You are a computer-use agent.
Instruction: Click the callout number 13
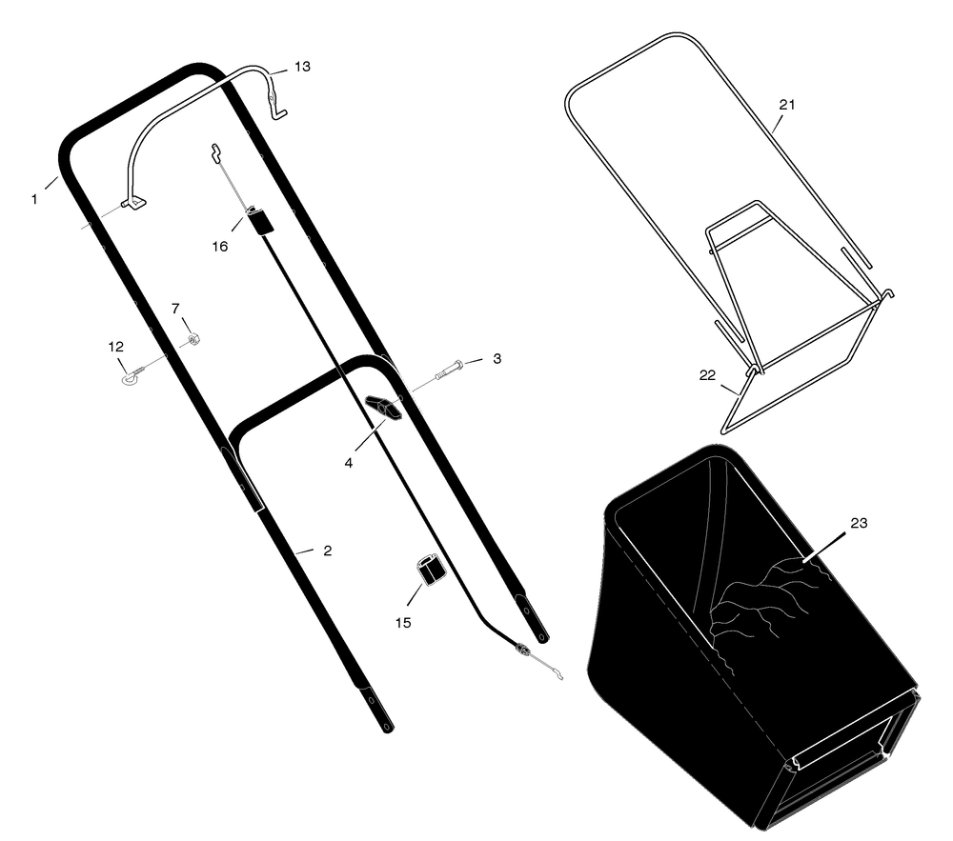point(302,67)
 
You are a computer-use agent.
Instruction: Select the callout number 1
point(34,199)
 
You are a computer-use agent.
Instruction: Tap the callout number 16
point(219,247)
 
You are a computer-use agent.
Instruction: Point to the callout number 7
point(175,310)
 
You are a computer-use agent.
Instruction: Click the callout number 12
point(115,347)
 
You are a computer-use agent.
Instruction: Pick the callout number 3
point(497,359)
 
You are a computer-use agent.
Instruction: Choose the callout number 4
point(348,463)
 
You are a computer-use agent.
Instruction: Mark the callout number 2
point(328,551)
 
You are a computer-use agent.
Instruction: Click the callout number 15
point(403,623)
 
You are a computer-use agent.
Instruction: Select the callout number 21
point(787,105)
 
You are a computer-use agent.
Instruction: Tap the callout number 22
point(707,376)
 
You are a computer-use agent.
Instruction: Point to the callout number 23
point(859,524)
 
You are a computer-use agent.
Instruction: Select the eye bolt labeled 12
point(133,374)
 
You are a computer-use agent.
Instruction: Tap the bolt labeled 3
point(449,370)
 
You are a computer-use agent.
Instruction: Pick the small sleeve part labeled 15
point(431,569)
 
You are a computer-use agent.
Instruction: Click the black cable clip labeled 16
point(260,220)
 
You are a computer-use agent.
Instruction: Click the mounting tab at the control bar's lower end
point(135,204)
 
